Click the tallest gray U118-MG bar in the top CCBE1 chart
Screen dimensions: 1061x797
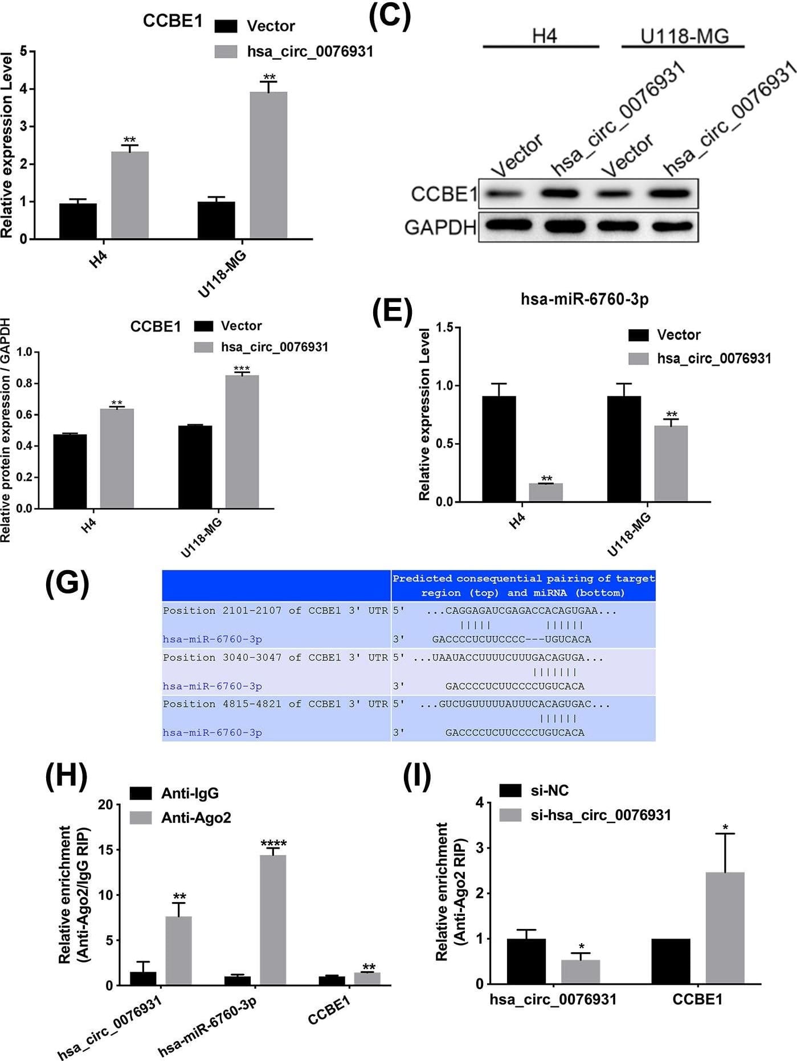point(268,165)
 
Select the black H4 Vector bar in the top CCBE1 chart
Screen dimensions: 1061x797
point(78,221)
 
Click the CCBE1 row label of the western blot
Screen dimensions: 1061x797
point(444,194)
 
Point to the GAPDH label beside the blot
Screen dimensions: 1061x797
point(440,227)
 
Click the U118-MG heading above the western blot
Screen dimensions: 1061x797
point(684,36)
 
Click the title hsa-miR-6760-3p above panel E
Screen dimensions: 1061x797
point(585,299)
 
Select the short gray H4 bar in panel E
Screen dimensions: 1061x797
point(546,492)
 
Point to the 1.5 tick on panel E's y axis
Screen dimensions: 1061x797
point(444,327)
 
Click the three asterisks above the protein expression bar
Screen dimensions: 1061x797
point(242,368)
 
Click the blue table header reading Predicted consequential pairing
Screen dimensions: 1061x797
point(523,585)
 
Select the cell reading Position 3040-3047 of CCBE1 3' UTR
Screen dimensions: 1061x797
point(275,657)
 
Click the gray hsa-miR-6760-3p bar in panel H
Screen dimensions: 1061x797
point(273,920)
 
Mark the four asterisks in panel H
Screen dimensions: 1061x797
point(273,843)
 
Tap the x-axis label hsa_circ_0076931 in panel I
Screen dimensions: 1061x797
point(553,999)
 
